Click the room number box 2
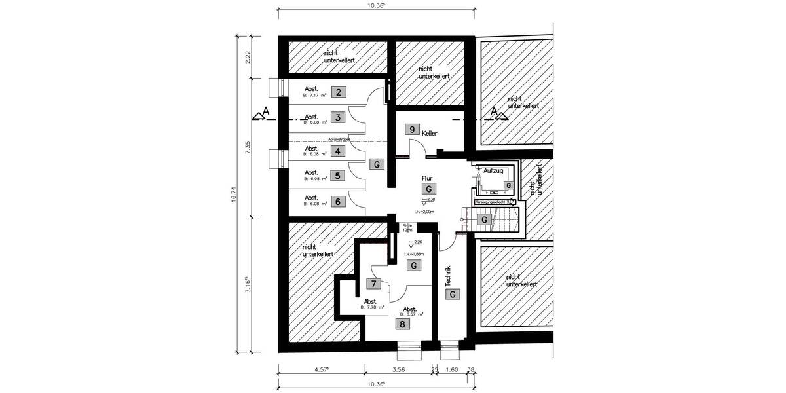click(338, 92)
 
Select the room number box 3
click(338, 118)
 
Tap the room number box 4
click(338, 151)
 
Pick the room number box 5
click(338, 176)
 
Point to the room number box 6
click(338, 201)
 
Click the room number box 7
click(373, 284)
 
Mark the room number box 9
click(412, 130)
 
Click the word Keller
click(430, 133)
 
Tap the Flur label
click(428, 178)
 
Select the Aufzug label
click(493, 170)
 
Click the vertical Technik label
click(448, 277)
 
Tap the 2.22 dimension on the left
click(248, 58)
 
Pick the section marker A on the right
click(496, 112)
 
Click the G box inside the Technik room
click(452, 295)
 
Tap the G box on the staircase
click(484, 220)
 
